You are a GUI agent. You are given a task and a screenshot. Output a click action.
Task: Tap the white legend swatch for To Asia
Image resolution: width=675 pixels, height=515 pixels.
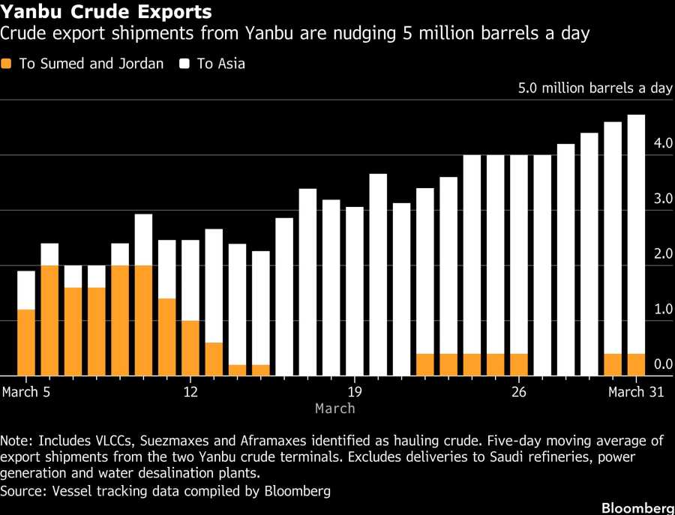click(x=184, y=64)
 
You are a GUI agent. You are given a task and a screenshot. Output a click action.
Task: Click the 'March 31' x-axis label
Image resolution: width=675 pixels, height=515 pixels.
click(x=636, y=392)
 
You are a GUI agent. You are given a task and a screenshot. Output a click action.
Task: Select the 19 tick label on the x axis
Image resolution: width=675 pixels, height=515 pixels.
click(x=355, y=392)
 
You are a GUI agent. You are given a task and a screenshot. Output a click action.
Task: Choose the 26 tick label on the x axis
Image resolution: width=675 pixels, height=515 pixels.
click(x=518, y=392)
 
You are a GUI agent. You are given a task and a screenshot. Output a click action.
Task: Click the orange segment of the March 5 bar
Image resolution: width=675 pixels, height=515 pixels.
click(x=26, y=342)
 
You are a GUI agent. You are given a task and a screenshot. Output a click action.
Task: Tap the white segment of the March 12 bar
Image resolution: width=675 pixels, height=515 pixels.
click(x=190, y=280)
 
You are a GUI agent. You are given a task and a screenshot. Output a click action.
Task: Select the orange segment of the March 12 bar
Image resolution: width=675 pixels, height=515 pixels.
click(x=190, y=348)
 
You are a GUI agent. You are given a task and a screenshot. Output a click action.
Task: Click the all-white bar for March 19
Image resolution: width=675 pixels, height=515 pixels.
click(x=355, y=291)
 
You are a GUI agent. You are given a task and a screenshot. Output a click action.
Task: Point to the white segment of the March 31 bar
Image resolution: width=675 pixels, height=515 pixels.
click(x=636, y=233)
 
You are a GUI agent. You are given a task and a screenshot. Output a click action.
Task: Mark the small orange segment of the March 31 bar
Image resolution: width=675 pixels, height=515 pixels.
click(x=636, y=364)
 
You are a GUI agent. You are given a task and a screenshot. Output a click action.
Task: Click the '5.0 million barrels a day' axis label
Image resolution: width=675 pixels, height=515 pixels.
click(x=595, y=88)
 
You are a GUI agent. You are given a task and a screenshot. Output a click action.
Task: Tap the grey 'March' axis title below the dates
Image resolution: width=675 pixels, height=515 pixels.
click(x=334, y=409)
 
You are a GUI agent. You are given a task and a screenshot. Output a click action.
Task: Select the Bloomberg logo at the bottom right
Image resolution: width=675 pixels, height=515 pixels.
click(x=637, y=508)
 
